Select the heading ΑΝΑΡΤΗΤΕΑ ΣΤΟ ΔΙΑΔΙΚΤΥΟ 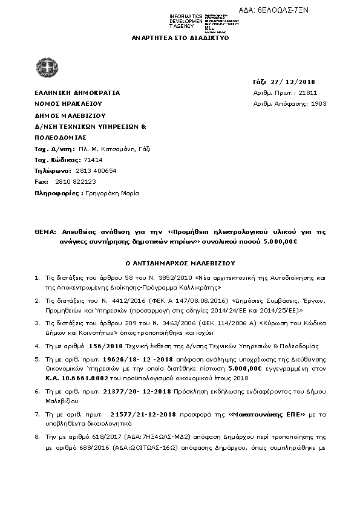point(180,37)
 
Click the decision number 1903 point(318,103)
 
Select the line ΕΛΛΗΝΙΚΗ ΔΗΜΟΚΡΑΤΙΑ point(77,92)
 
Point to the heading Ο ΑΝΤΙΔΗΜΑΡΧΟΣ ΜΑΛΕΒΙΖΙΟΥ point(180,264)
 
